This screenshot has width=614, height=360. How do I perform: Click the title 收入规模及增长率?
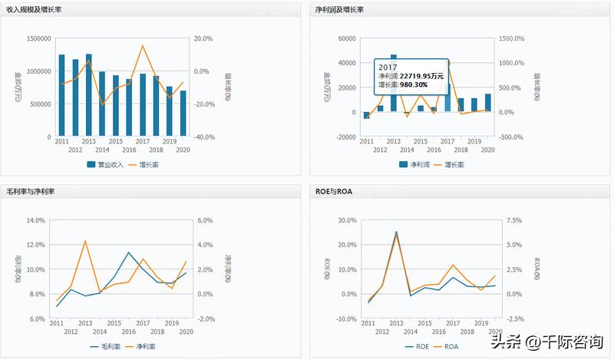[34, 8]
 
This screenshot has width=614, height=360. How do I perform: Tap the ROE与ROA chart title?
[333, 190]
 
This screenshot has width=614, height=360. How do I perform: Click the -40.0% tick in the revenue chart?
[203, 137]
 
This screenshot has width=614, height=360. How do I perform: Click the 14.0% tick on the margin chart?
[36, 220]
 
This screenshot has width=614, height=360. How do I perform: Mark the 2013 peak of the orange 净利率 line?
[84, 241]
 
